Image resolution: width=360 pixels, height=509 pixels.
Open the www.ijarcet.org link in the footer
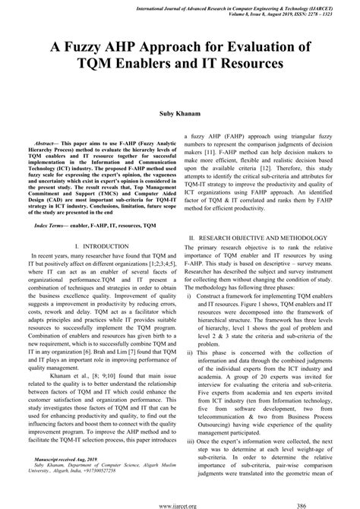(180, 504)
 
